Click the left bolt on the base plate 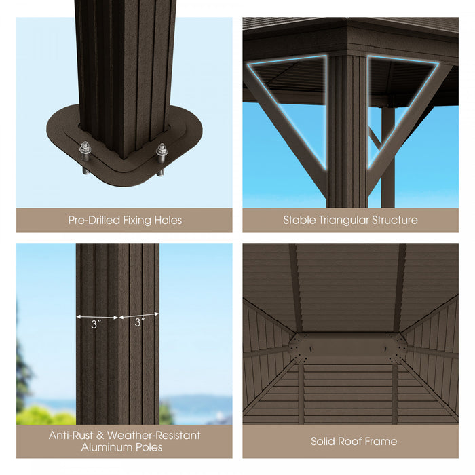tap(85, 149)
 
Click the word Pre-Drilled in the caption tap(92, 221)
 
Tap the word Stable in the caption tap(299, 221)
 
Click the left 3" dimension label tap(96, 324)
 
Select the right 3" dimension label tap(139, 323)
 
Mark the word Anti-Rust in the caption tap(71, 435)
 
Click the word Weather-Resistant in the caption tap(153, 435)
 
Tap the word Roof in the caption tap(353, 442)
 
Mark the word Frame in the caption tap(383, 442)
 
